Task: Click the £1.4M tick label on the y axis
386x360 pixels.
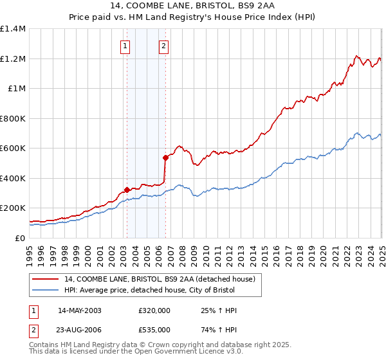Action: pyautogui.click(x=13, y=29)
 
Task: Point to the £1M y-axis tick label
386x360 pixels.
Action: pyautogui.click(x=15, y=89)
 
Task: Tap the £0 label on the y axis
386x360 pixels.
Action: pyautogui.click(x=19, y=239)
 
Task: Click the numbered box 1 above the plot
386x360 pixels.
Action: pyautogui.click(x=124, y=46)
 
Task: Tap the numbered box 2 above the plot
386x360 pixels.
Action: pyautogui.click(x=164, y=46)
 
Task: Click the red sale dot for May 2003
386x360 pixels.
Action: pyautogui.click(x=127, y=190)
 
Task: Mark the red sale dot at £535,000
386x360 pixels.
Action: pyautogui.click(x=165, y=157)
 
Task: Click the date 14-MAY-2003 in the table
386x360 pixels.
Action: pyautogui.click(x=80, y=310)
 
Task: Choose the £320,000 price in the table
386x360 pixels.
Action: pyautogui.click(x=154, y=310)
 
